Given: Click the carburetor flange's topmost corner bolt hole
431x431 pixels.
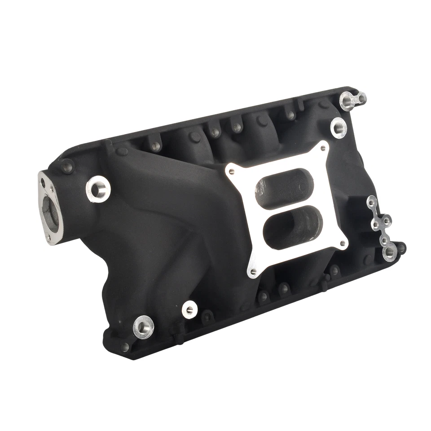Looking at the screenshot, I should point(323,147).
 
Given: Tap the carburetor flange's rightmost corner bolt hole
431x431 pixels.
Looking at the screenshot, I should point(343,244).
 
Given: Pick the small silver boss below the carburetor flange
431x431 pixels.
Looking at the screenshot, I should point(190,308).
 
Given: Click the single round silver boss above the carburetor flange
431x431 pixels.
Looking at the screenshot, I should point(338,127).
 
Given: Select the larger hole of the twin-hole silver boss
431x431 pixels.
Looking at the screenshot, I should point(348,101).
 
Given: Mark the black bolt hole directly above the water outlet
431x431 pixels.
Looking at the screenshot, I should point(67,167).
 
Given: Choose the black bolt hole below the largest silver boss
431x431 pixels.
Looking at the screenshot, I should point(126,347).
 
